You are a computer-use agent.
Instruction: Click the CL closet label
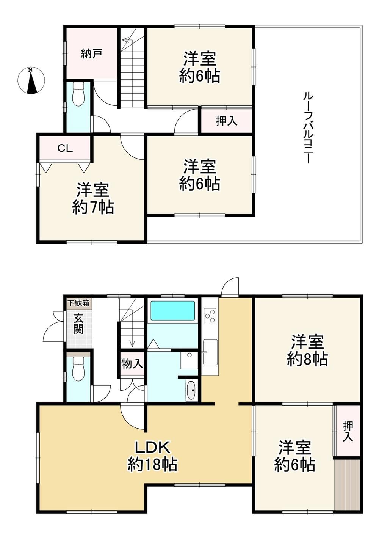tap(65, 148)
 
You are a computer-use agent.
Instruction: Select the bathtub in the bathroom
tap(172, 310)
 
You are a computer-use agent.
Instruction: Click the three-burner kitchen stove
tap(210, 316)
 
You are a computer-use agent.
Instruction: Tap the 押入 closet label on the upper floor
tap(227, 121)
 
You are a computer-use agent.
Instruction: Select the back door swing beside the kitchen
tap(230, 286)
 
